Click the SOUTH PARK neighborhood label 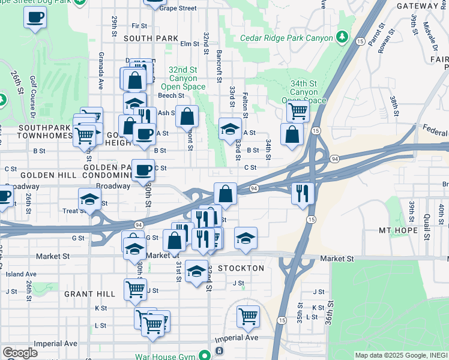[151, 38]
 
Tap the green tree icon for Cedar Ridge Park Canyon [342, 38]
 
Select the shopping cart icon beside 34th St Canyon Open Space [297, 110]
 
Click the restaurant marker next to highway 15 [302, 193]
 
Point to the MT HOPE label [398, 230]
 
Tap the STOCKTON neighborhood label [241, 268]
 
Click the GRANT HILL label [89, 294]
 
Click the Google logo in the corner [19, 353]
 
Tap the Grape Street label [178, 8]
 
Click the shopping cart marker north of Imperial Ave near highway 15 [248, 316]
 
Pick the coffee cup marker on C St [142, 170]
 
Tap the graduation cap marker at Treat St [89, 199]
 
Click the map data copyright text [400, 355]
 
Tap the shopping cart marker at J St [135, 289]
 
